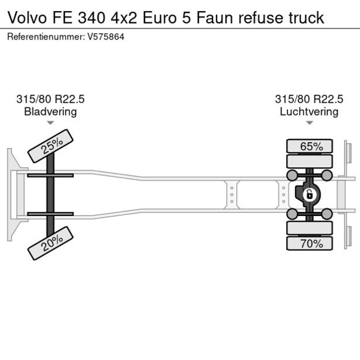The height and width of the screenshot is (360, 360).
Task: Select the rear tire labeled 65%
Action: pos(311,146)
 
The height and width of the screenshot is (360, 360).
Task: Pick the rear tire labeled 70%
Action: pos(311,243)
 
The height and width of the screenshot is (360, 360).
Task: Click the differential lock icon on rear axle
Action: pos(309,195)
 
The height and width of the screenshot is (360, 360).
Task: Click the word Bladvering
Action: pos(50,111)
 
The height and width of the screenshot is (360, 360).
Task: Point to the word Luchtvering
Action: pos(309,111)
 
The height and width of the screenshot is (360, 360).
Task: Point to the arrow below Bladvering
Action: pos(51,123)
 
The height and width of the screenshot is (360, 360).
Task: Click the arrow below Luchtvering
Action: pos(309,123)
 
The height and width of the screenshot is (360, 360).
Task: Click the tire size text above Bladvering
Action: pos(50,99)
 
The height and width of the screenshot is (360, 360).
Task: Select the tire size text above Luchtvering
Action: pos(309,99)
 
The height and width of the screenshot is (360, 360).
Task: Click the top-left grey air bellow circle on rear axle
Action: pos(293,175)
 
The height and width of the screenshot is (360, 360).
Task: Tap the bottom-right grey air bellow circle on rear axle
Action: pos(327,214)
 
